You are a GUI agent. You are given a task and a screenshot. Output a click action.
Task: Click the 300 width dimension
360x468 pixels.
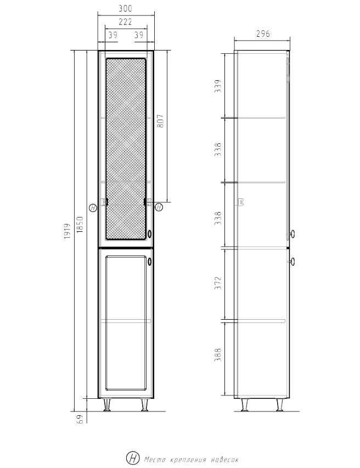[125, 8]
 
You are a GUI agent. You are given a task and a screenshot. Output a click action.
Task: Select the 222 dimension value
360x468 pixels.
[125, 22]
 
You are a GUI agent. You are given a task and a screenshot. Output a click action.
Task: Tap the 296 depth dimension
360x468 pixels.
[263, 34]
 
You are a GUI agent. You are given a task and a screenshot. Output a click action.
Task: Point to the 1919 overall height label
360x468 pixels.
[67, 231]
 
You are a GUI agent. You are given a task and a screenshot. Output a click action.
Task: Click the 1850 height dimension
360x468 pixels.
[80, 225]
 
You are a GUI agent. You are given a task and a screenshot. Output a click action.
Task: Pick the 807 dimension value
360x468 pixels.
[160, 121]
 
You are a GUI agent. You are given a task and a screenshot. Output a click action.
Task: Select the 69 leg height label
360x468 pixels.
[80, 419]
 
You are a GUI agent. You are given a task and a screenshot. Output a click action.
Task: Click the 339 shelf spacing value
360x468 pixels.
[218, 86]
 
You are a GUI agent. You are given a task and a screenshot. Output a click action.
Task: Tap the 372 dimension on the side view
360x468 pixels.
[218, 283]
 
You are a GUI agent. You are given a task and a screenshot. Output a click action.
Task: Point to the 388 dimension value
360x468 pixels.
[218, 355]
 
